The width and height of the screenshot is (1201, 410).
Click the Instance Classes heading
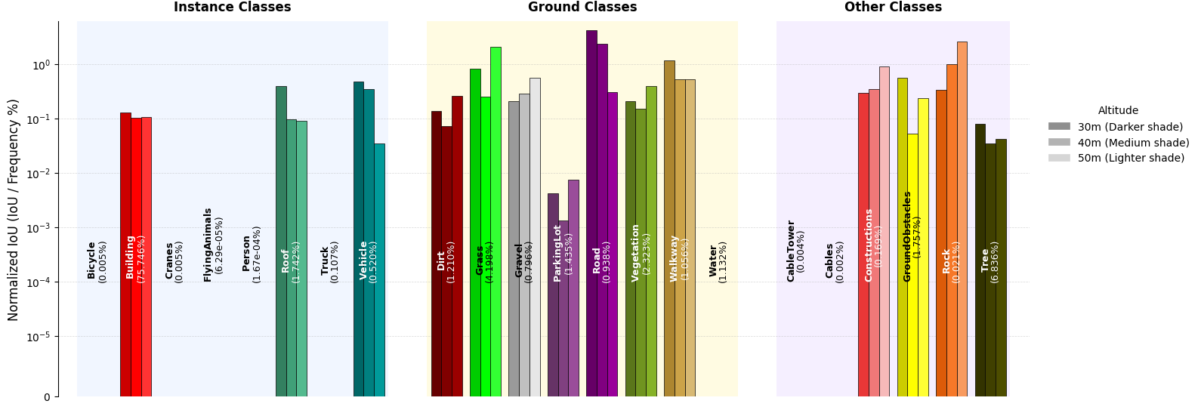pyautogui.click(x=232, y=8)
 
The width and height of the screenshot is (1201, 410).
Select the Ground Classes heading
pyautogui.click(x=582, y=8)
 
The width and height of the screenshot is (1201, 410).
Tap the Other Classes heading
pyautogui.click(x=893, y=8)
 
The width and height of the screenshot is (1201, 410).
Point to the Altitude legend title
pyautogui.click(x=1118, y=110)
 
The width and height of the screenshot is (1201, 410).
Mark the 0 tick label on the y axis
pyautogui.click(x=47, y=397)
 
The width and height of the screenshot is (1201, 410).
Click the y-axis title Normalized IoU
pyautogui.click(x=14, y=210)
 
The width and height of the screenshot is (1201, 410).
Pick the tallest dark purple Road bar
pyautogui.click(x=591, y=211)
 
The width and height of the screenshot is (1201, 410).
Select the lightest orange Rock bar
pyautogui.click(x=962, y=219)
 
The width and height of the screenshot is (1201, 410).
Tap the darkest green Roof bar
pyautogui.click(x=281, y=242)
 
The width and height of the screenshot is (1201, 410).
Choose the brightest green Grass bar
pyautogui.click(x=496, y=219)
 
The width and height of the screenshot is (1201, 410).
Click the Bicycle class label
pyautogui.click(x=97, y=261)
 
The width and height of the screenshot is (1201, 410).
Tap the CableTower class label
pyautogui.click(x=795, y=251)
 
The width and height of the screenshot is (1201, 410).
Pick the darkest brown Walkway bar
pyautogui.click(x=669, y=227)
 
